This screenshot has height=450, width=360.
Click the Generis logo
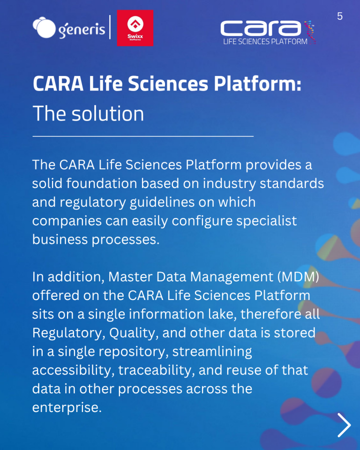coord(69,28)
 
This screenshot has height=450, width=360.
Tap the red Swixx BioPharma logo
coord(135,28)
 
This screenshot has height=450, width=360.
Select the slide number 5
coord(340,16)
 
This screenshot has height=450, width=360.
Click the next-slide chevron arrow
coord(344,425)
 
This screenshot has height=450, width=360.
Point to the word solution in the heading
coord(108,113)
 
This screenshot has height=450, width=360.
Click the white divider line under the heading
coord(143,136)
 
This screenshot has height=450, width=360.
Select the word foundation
coord(102,183)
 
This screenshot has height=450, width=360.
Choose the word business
coord(60,240)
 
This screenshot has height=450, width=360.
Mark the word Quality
coord(134,333)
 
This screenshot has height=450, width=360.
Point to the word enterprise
coord(67,408)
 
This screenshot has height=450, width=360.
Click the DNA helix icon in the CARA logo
coord(310,32)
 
